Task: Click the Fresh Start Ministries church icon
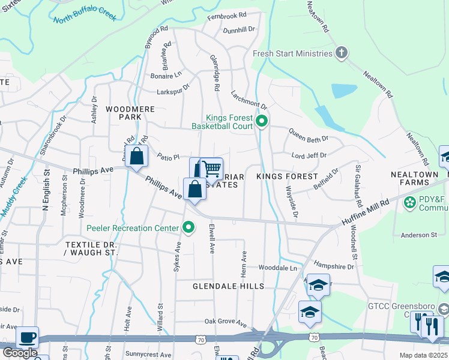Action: pyautogui.click(x=342, y=53)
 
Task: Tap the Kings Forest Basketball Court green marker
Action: pyautogui.click(x=262, y=122)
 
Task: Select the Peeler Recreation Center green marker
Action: pyautogui.click(x=189, y=227)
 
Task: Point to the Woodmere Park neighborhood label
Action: pyautogui.click(x=130, y=113)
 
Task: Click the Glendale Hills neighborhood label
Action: pyautogui.click(x=228, y=287)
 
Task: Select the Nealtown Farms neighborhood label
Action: pyautogui.click(x=414, y=178)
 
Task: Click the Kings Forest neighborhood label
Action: pyautogui.click(x=287, y=176)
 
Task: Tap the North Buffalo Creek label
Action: pyautogui.click(x=85, y=19)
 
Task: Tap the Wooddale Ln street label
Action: pyautogui.click(x=278, y=268)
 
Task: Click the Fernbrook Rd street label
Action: pyautogui.click(x=227, y=15)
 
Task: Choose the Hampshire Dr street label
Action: pyautogui.click(x=334, y=266)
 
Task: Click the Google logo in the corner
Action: pyautogui.click(x=20, y=353)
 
